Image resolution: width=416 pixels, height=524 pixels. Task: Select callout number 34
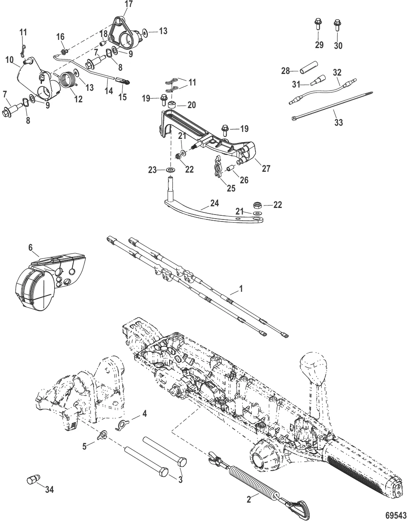(x=49, y=489)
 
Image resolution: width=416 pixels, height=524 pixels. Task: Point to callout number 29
(x=319, y=45)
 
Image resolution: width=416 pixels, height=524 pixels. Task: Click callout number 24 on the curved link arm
(x=214, y=203)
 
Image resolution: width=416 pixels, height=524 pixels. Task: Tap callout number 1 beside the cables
(x=241, y=289)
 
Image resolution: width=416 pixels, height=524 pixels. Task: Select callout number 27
(x=266, y=168)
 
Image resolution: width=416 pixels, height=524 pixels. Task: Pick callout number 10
(x=10, y=60)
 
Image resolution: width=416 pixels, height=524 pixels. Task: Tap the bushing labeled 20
(x=171, y=106)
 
